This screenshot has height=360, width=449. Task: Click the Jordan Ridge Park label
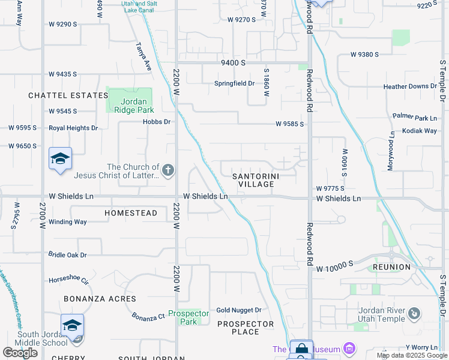(x=130, y=106)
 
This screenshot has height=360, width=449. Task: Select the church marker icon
(x=167, y=171)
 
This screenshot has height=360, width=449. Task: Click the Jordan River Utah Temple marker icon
(x=413, y=313)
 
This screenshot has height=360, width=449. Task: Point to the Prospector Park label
(x=188, y=317)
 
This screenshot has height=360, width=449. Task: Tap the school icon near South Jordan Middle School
(x=72, y=326)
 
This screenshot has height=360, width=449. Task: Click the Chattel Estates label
(x=68, y=95)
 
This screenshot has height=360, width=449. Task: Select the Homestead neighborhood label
(x=131, y=213)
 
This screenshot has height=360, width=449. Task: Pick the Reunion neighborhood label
(x=391, y=267)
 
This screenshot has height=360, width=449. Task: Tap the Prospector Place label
(x=246, y=328)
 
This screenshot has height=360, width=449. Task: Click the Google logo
(x=20, y=353)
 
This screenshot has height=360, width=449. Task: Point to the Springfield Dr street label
(x=235, y=83)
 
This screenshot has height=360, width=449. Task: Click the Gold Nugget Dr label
(x=239, y=310)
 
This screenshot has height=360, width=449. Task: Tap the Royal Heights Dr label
(x=73, y=128)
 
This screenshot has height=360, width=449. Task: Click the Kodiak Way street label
(x=420, y=130)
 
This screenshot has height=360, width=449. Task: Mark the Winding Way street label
(x=68, y=222)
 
